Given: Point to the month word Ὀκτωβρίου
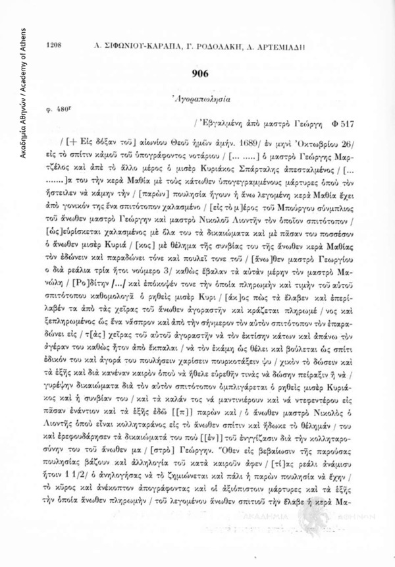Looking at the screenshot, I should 311,140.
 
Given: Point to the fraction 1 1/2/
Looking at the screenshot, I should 79,459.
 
